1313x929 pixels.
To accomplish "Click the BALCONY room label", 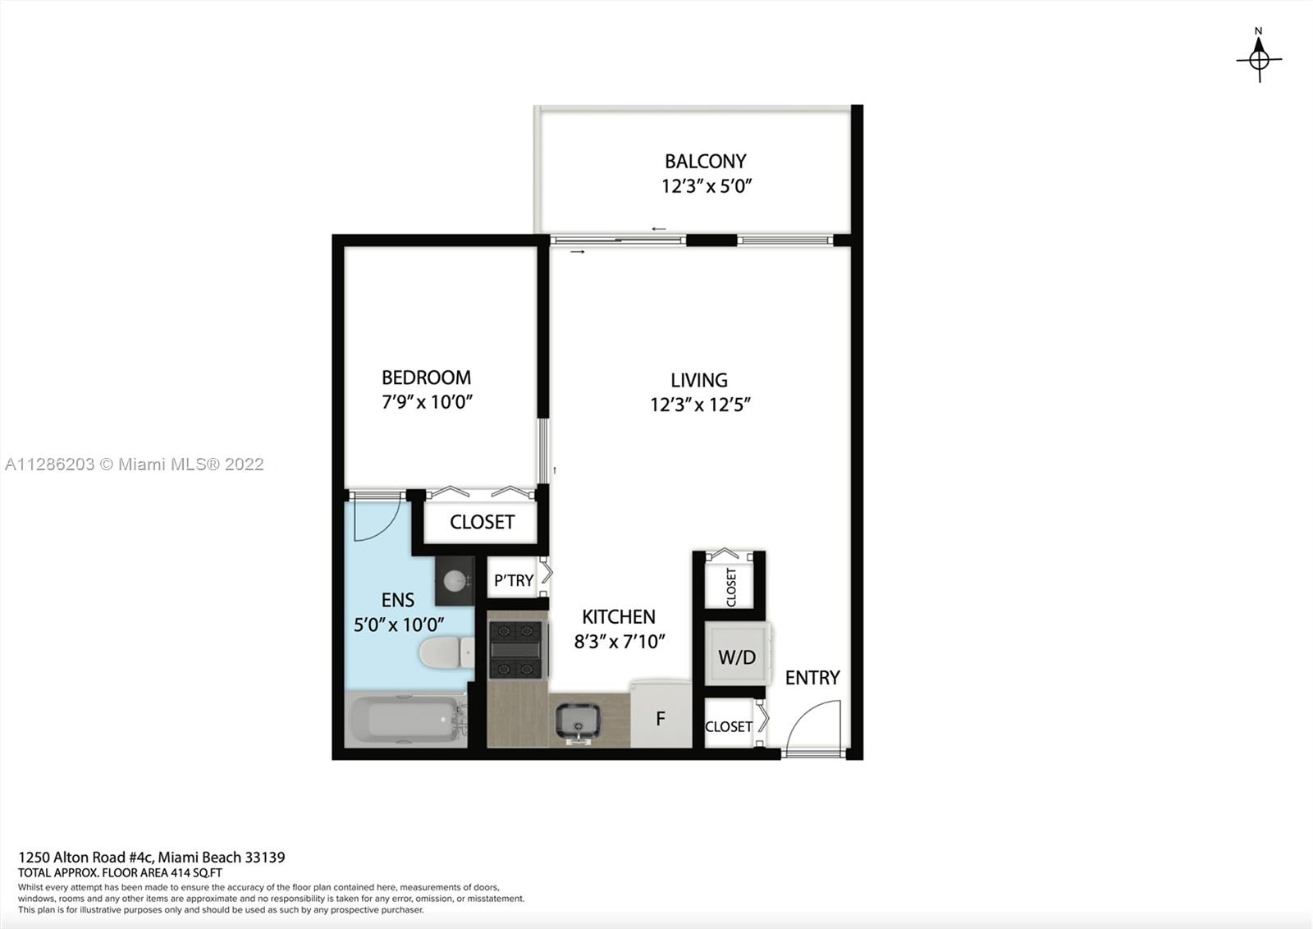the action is point(705,161).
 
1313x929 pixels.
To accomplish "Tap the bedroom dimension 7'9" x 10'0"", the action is point(427,402).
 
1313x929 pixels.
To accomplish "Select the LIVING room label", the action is point(699,381).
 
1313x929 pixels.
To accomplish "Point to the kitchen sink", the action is point(578,722).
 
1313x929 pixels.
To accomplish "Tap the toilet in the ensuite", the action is point(446,652).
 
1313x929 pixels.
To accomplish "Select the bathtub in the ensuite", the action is point(405,720).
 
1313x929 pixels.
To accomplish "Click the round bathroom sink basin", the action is point(455,581).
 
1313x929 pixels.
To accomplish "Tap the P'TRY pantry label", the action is point(514,580).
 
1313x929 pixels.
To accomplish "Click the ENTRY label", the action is point(812,678).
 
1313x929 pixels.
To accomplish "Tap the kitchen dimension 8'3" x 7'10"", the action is point(620,642).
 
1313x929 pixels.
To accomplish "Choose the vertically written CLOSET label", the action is point(731,588).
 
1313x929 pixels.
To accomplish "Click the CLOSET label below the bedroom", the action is point(482,522).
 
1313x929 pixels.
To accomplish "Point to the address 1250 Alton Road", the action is point(85,857).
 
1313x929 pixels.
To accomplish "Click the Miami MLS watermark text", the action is point(135,464).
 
